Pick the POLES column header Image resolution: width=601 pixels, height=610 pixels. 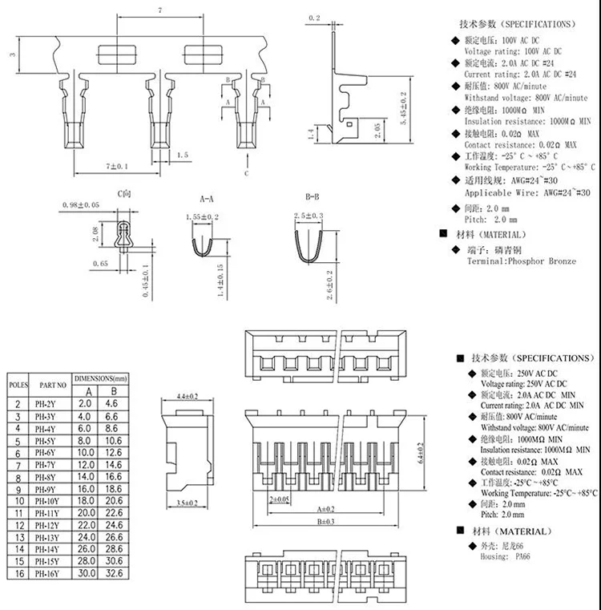pos(18,384)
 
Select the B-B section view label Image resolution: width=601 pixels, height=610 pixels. pos(312,196)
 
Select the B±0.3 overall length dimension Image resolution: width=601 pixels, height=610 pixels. pos(326,521)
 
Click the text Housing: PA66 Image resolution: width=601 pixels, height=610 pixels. pos(505,555)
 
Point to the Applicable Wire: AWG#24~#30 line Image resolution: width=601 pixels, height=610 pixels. pos(527,193)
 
